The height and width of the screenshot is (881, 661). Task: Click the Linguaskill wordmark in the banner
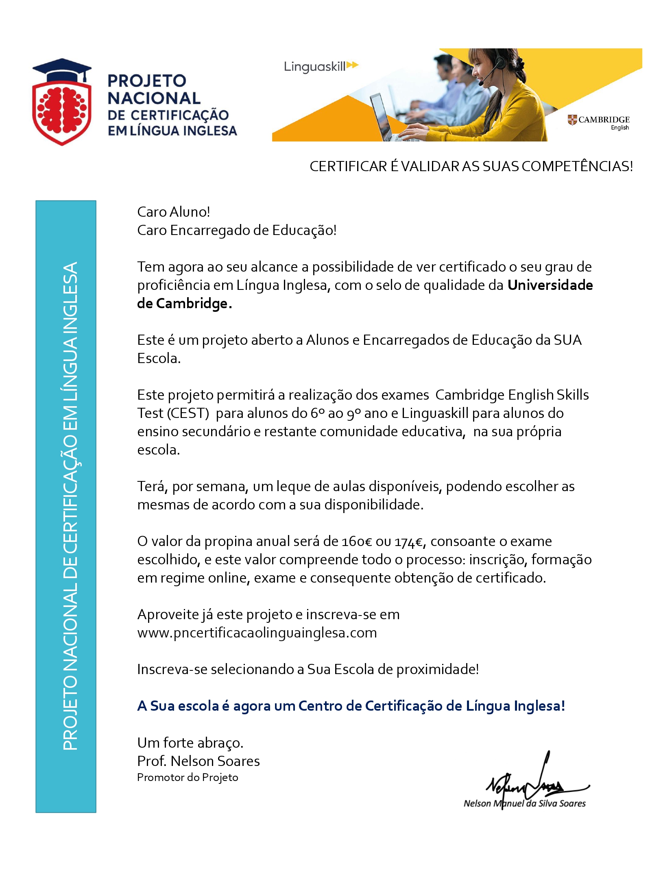(x=315, y=66)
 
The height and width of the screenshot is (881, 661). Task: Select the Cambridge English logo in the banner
(x=598, y=122)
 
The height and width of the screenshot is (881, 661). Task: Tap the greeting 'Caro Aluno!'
(x=174, y=212)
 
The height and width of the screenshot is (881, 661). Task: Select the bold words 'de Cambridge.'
(x=185, y=304)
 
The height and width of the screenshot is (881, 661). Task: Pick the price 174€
(x=409, y=542)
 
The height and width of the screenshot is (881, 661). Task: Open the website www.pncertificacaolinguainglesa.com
(x=257, y=633)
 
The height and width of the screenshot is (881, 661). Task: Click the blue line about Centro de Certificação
(x=351, y=706)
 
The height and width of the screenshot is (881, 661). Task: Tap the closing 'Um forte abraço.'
(x=190, y=743)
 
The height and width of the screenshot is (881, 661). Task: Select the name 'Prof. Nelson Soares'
(x=199, y=761)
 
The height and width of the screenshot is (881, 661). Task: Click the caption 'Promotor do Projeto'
(x=188, y=778)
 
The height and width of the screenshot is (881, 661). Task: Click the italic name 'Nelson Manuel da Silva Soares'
(x=524, y=803)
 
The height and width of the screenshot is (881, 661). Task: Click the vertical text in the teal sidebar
(x=70, y=506)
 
